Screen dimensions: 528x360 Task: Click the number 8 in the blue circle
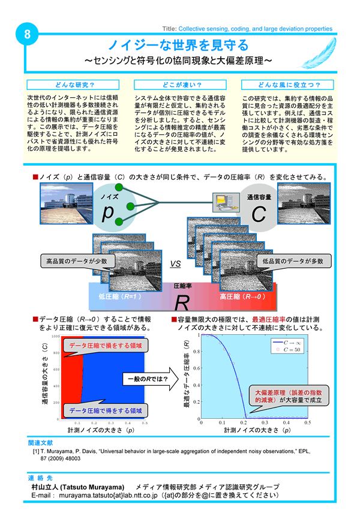[x=26, y=35]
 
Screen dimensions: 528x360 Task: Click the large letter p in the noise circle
[x=108, y=212]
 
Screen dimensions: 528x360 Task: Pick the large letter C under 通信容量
[x=258, y=214]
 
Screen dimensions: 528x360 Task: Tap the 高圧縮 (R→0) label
[x=242, y=296]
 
